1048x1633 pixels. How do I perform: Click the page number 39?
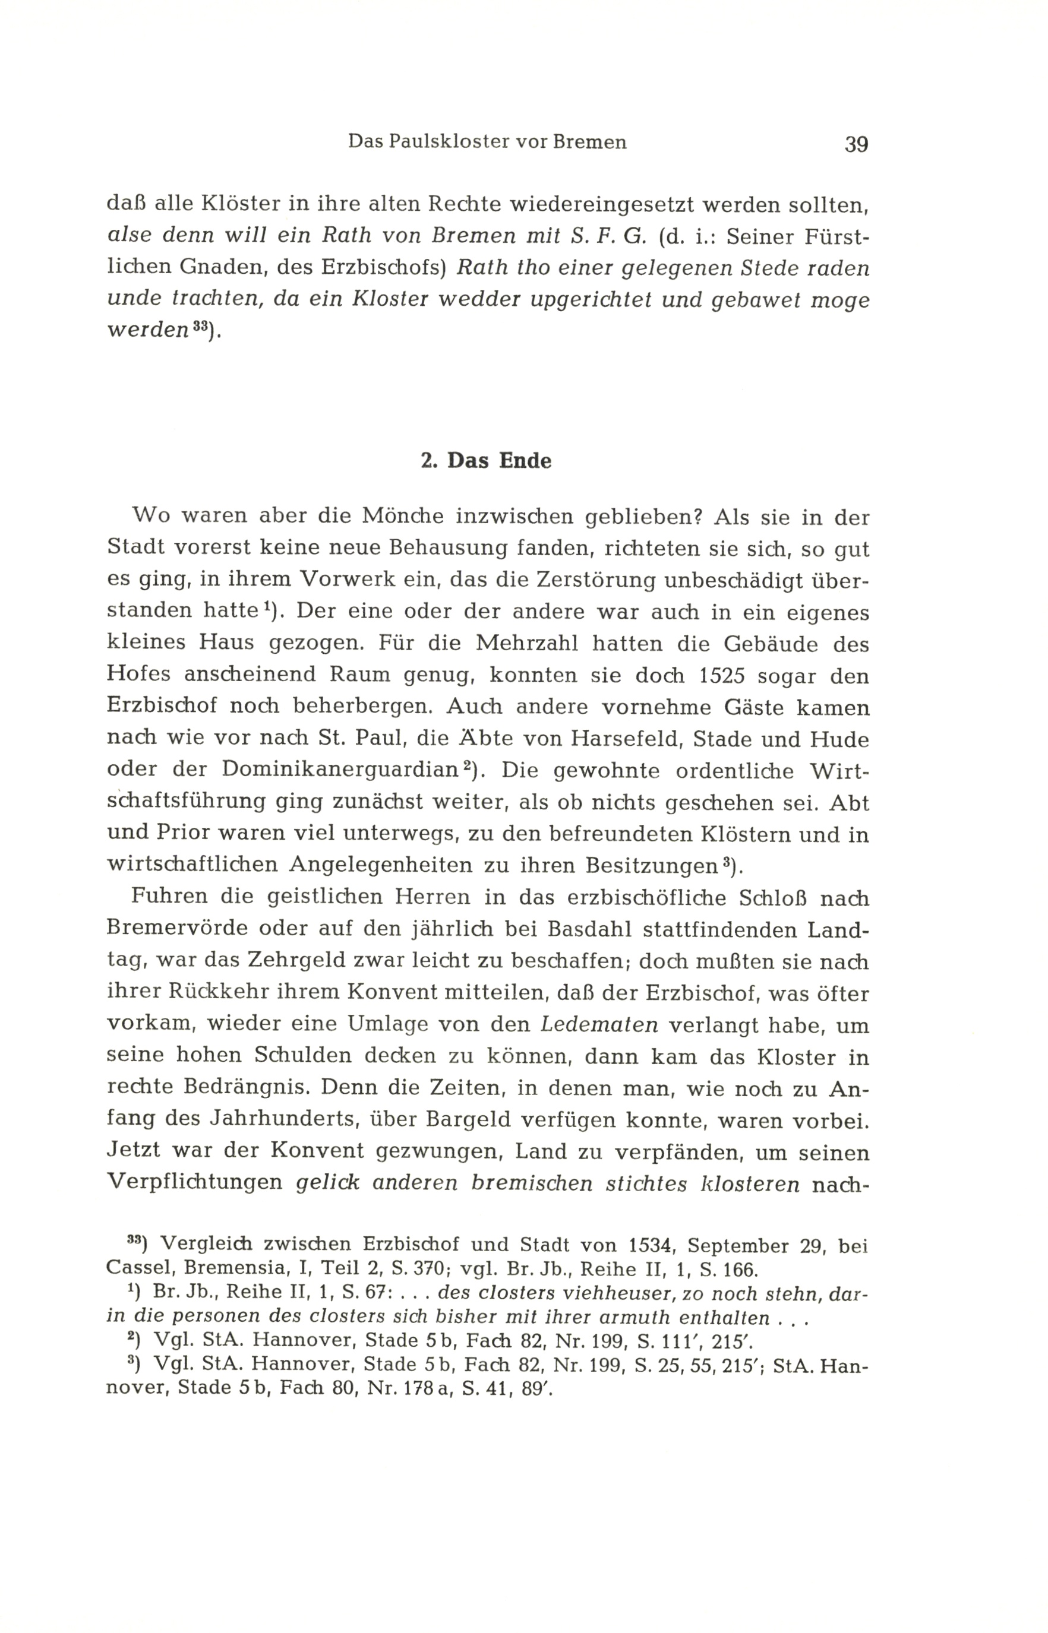(x=856, y=144)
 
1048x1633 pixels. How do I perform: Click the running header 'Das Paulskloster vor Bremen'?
(x=487, y=142)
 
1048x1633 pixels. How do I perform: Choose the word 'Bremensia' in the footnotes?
(x=244, y=1269)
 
